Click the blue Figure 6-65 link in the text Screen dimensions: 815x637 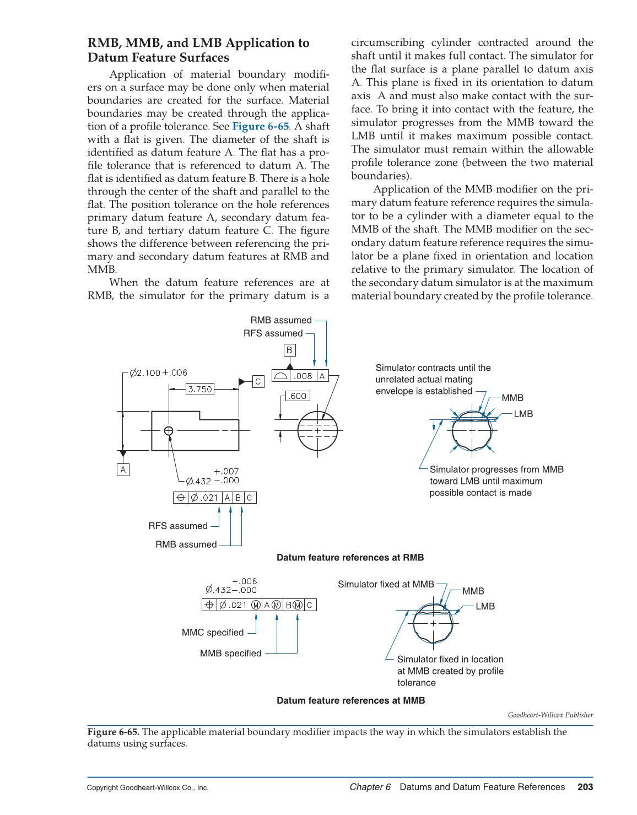[x=260, y=126]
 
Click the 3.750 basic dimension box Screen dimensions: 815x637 [x=199, y=389]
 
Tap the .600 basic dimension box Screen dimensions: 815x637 [x=298, y=396]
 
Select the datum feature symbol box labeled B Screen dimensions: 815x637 [x=289, y=350]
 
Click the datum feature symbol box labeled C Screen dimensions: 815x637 [x=258, y=381]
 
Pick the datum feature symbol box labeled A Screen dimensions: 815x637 [x=123, y=469]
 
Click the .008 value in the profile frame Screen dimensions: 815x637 [x=303, y=376]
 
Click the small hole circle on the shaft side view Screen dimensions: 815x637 [x=169, y=431]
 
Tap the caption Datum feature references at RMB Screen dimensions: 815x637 [x=350, y=558]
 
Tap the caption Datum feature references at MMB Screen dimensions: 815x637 [x=350, y=700]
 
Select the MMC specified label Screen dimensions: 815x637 [x=213, y=633]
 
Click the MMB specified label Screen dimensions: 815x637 [x=230, y=654]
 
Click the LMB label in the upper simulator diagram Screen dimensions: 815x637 [x=523, y=414]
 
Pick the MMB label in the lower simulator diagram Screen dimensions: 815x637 [x=473, y=591]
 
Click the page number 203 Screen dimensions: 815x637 [x=585, y=787]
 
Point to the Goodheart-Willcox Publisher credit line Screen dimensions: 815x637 [x=550, y=715]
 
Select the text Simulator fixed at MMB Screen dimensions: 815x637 [x=386, y=584]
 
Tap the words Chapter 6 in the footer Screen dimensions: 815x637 [x=370, y=787]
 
